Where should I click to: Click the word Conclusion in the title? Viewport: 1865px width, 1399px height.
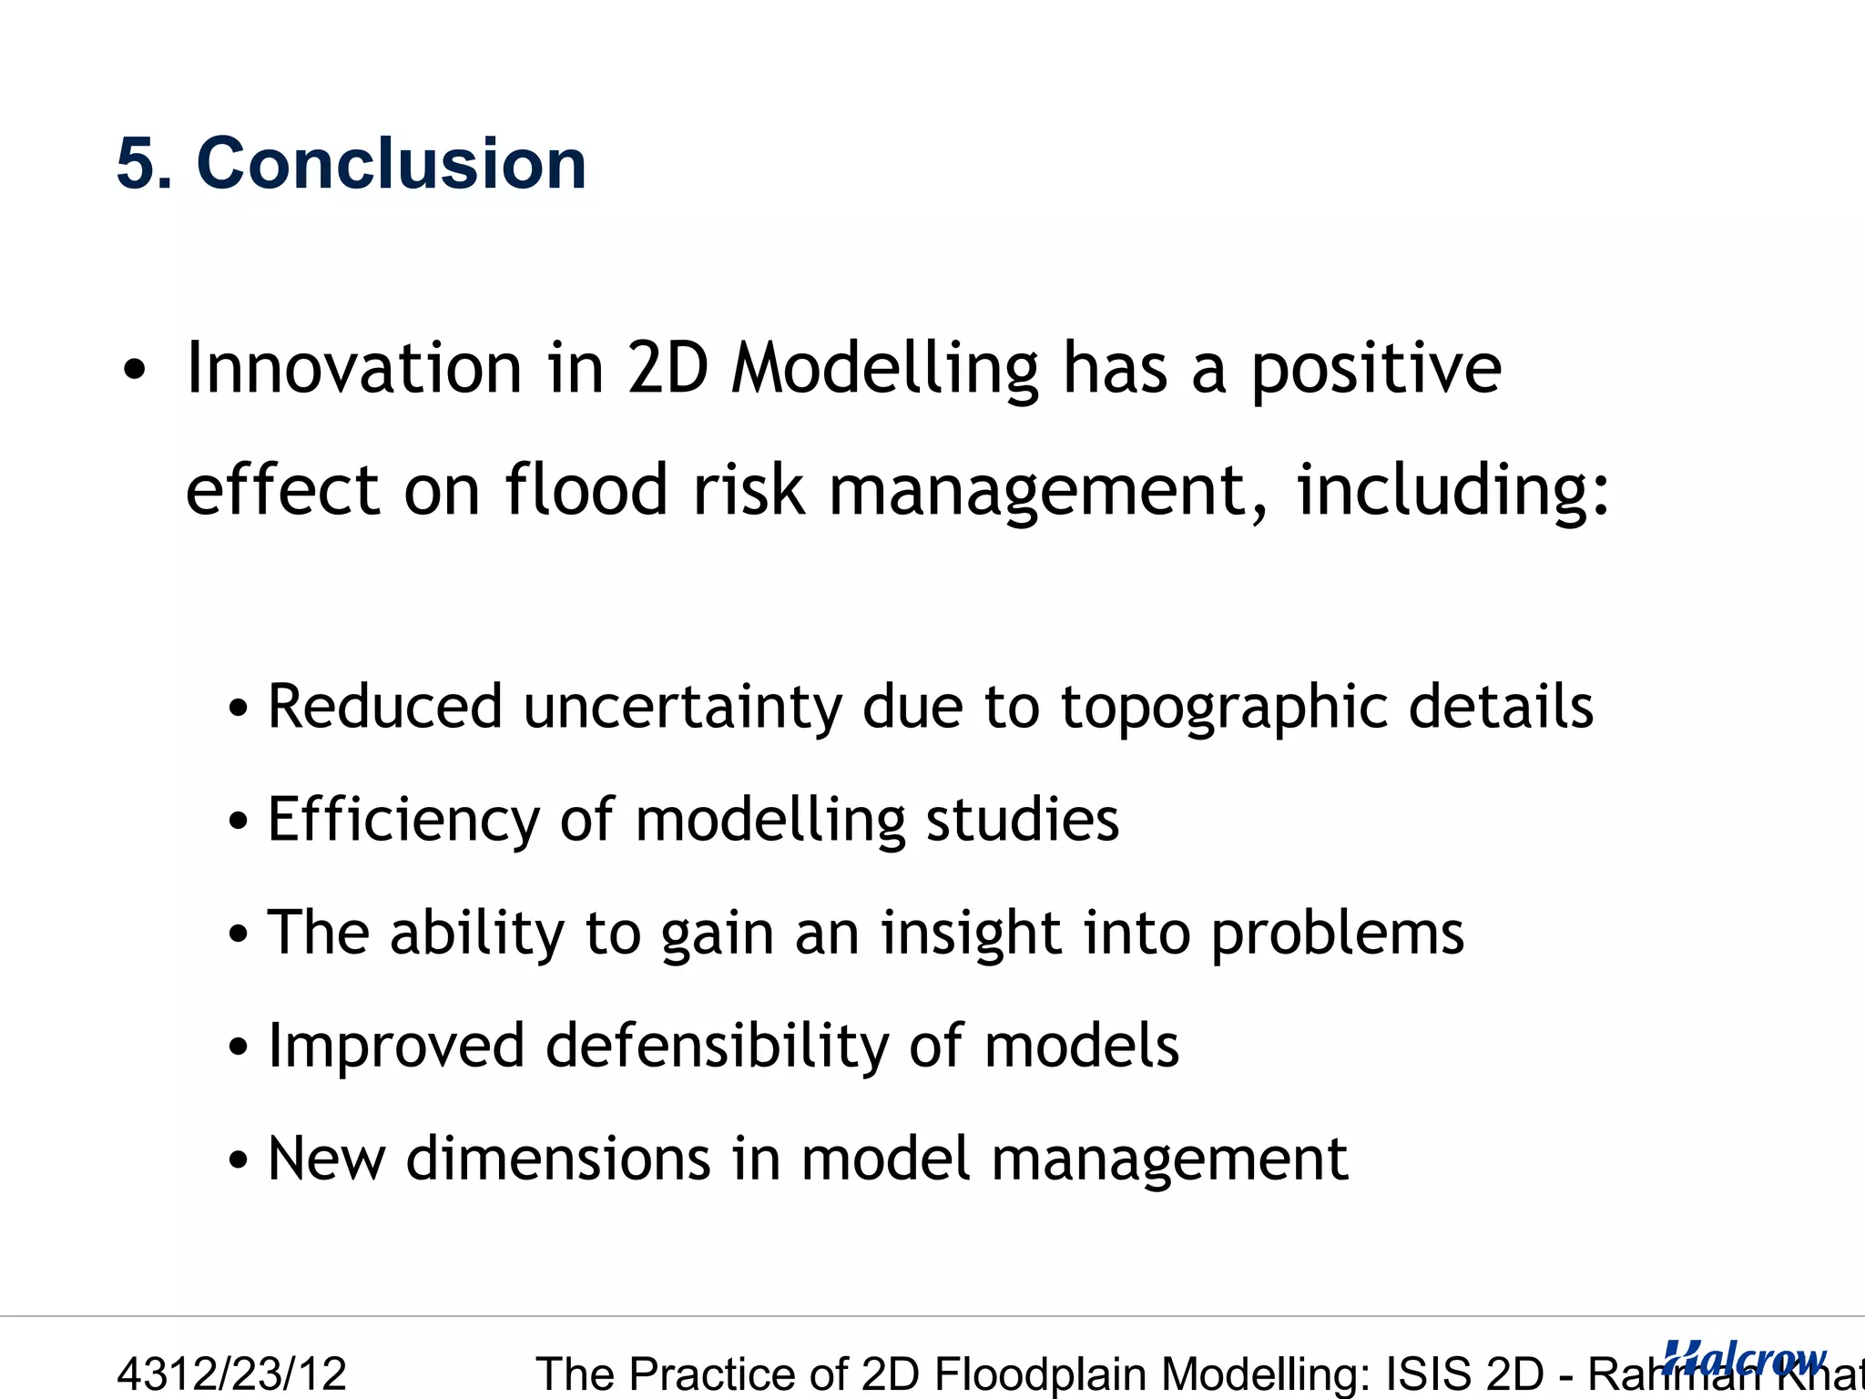pos(392,164)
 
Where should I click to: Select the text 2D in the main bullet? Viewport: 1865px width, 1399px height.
pos(668,368)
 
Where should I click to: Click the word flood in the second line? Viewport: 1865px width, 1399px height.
pos(586,490)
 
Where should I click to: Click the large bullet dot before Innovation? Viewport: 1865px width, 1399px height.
pos(134,371)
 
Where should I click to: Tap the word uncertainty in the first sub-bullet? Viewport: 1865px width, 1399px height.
pos(683,709)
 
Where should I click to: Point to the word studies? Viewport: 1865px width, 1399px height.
pos(1022,820)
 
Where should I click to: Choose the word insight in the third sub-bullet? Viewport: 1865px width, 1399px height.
pos(970,934)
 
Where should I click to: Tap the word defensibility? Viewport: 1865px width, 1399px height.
pos(716,1046)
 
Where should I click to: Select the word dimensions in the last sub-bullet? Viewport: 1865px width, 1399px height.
pos(557,1159)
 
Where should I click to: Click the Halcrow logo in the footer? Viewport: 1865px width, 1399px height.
pos(1743,1357)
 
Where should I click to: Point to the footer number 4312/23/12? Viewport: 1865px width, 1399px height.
pos(232,1373)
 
